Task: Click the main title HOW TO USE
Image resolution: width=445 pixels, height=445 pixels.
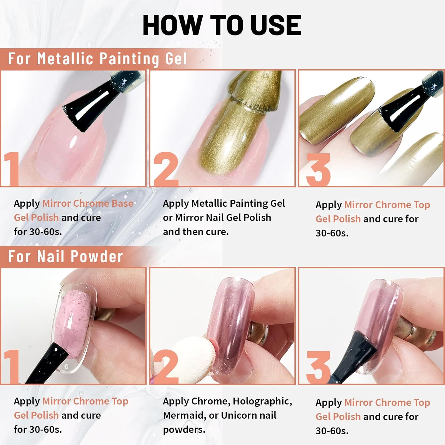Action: click(x=222, y=25)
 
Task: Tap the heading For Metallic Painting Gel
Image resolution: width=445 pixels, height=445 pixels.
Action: click(x=97, y=58)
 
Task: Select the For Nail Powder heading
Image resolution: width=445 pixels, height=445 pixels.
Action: click(x=65, y=256)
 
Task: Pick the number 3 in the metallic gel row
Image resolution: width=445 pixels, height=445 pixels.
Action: click(x=318, y=170)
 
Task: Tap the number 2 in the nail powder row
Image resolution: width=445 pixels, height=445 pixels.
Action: click(x=166, y=367)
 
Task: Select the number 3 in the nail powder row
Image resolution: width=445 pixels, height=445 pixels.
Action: click(x=318, y=367)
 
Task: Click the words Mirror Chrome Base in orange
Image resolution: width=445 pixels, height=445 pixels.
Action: click(x=88, y=204)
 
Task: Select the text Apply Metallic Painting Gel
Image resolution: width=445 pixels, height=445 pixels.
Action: click(x=224, y=204)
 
